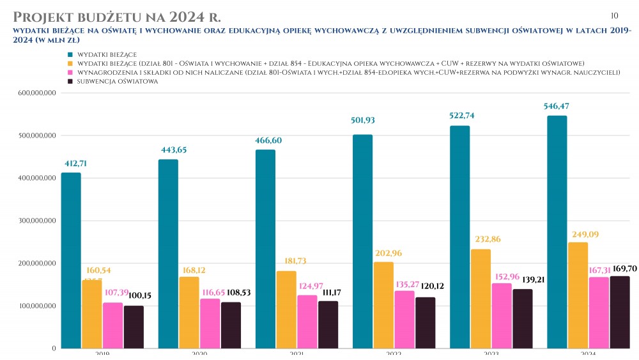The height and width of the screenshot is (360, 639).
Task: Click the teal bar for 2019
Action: point(72,260)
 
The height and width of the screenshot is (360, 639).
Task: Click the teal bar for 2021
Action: point(266,249)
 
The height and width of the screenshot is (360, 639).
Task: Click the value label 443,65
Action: point(169,150)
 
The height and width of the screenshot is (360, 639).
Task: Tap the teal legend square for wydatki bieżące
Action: point(70,54)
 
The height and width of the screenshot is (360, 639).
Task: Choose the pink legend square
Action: point(70,73)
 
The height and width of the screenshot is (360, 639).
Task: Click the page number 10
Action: point(615,15)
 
